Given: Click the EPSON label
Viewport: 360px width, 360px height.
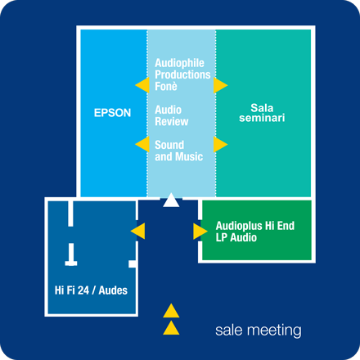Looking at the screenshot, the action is pos(112,113).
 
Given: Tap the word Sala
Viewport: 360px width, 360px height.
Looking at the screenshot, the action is pos(262,108).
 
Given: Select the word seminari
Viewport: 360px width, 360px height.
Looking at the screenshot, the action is pos(262,118).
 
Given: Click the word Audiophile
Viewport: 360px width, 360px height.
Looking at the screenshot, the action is pos(179,63).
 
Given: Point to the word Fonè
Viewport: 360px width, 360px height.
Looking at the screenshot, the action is pos(166,86).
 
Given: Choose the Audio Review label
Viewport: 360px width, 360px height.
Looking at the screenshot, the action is pos(172,115).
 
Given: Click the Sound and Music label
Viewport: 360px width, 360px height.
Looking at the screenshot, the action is pos(179,151).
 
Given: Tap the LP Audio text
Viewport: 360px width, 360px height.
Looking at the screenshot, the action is pos(236,237).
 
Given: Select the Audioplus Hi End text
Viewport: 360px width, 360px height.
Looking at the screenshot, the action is pos(255,226).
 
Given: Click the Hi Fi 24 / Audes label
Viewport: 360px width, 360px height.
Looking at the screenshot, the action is pos(91,290).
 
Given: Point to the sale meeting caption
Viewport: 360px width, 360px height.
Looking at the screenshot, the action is pos(259,331).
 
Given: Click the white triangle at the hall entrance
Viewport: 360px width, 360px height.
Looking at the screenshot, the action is pos(171,200).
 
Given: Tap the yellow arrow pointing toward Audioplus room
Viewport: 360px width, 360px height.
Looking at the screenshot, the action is pos(200,232).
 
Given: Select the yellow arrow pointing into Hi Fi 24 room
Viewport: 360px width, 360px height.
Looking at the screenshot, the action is pos(138,231).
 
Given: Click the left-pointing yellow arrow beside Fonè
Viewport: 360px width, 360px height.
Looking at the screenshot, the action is pos(142,85).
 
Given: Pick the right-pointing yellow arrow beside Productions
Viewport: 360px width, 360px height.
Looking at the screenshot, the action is pos(221,85).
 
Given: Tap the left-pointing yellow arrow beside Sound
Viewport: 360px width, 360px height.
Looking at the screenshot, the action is pos(142,144).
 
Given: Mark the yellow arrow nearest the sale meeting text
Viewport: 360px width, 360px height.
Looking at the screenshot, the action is pos(171,327).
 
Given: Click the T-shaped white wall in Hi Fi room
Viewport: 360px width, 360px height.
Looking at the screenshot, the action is pos(71,254).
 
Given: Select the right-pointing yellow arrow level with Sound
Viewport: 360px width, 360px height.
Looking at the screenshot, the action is pos(221,144).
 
